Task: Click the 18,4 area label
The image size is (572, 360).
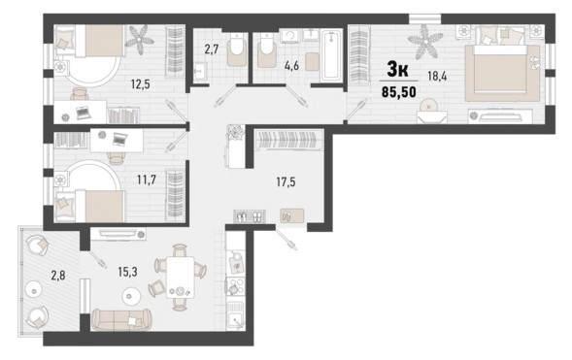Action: [437, 77]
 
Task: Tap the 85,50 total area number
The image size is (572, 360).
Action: [399, 92]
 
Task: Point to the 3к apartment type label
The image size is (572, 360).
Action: [397, 69]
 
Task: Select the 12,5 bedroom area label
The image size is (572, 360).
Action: [141, 84]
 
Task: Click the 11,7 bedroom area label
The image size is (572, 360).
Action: [147, 180]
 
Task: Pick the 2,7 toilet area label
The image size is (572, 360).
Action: [211, 49]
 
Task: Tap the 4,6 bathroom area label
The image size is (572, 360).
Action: [292, 66]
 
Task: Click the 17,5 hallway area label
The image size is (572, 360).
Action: [286, 181]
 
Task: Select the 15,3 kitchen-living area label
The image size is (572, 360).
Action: [127, 272]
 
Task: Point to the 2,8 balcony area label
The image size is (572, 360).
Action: [58, 276]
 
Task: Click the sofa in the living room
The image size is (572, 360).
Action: [121, 319]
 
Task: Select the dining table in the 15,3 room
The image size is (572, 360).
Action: [181, 278]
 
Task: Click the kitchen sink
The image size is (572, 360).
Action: [235, 316]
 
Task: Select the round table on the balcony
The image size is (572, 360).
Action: [34, 291]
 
